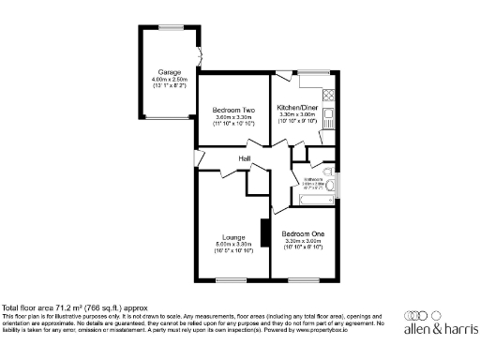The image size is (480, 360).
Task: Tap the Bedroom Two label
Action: click(x=233, y=110)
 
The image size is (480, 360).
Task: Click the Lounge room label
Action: click(x=233, y=237)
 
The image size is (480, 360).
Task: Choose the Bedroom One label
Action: click(x=303, y=232)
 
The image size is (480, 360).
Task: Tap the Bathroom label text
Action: click(x=312, y=180)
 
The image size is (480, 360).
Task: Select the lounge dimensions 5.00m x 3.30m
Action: click(x=233, y=245)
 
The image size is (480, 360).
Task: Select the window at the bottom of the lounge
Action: click(x=232, y=279)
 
